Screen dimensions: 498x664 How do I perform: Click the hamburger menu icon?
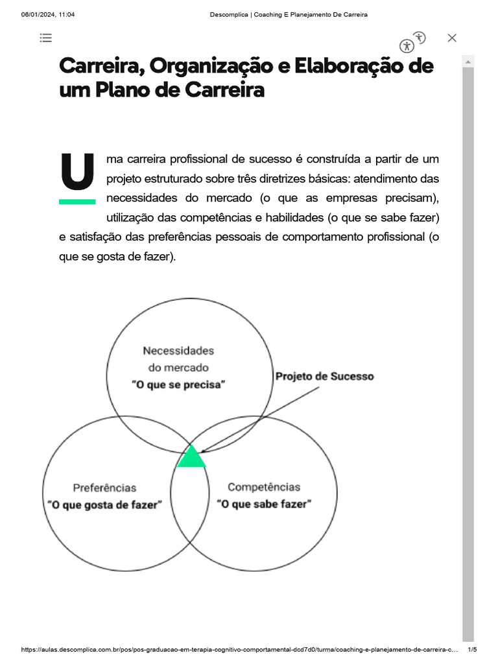(x=45, y=38)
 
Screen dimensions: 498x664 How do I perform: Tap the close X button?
(x=452, y=38)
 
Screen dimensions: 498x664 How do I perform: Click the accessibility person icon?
(x=407, y=45)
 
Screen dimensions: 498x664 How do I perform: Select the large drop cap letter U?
(x=77, y=172)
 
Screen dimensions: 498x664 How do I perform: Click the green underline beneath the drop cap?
(x=77, y=202)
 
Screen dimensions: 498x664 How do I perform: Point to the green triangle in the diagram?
(x=191, y=457)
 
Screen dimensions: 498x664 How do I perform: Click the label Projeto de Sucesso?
(x=325, y=376)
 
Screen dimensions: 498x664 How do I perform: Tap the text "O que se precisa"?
(x=178, y=385)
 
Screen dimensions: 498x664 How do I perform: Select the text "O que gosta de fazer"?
(x=104, y=504)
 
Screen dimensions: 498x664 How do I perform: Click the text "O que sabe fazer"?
(x=264, y=504)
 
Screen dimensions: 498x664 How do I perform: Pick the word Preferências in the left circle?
(x=104, y=488)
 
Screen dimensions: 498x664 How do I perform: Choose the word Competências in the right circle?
(x=264, y=487)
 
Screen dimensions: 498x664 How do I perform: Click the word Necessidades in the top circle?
(x=178, y=351)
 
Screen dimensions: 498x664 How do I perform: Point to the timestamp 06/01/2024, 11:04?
(x=48, y=15)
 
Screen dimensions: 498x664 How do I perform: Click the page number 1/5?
(x=472, y=650)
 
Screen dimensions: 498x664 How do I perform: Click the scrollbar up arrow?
(x=468, y=61)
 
